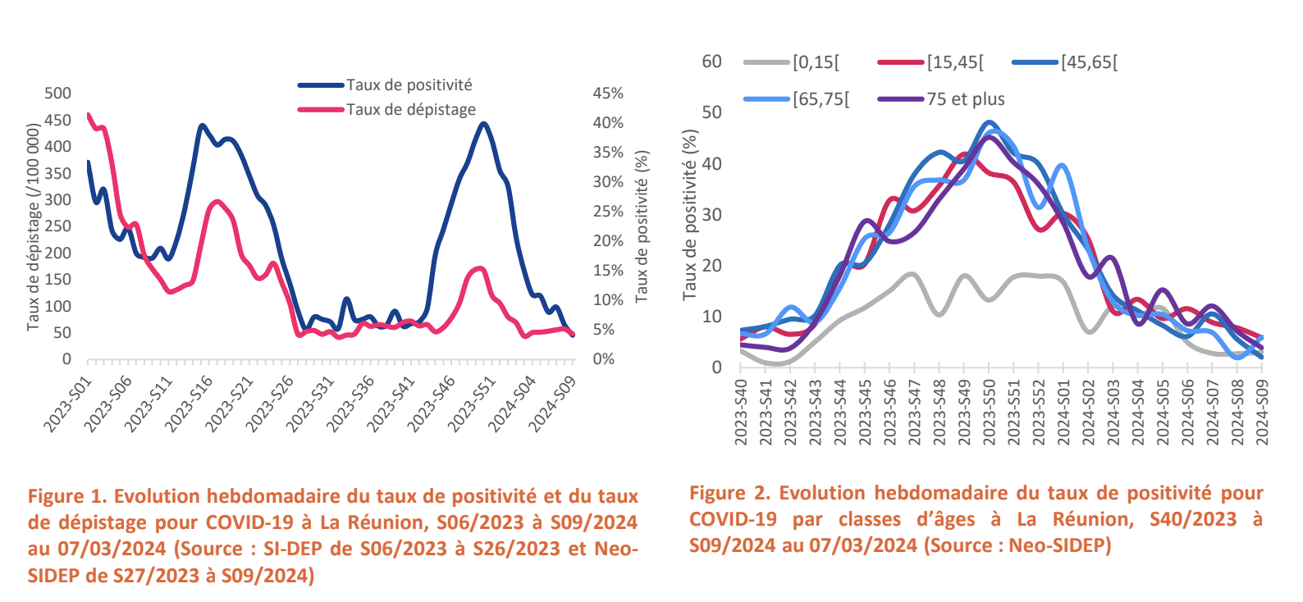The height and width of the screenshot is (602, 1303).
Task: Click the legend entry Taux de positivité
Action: tap(409, 85)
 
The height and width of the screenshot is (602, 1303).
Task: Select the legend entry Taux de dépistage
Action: tap(410, 110)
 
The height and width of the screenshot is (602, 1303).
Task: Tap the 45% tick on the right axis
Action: tap(608, 93)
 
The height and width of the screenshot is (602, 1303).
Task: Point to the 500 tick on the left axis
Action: tap(57, 93)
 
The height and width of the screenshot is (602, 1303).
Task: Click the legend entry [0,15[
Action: tap(816, 62)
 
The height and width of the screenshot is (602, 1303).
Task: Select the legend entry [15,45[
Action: tap(955, 62)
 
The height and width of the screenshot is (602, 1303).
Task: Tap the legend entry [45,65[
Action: tap(1089, 62)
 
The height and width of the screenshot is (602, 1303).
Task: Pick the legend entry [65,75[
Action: tap(821, 99)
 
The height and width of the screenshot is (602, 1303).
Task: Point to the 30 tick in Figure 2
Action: tap(711, 215)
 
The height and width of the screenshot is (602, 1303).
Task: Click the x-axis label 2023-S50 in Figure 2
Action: tap(989, 412)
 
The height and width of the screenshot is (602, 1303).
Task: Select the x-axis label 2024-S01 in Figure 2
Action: tap(1063, 412)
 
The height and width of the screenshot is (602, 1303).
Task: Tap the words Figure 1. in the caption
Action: tap(67, 496)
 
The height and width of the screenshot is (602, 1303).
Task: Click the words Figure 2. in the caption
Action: tap(729, 493)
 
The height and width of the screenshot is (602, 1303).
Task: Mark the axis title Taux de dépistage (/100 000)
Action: tap(33, 227)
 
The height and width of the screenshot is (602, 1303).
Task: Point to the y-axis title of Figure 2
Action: tap(690, 215)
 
